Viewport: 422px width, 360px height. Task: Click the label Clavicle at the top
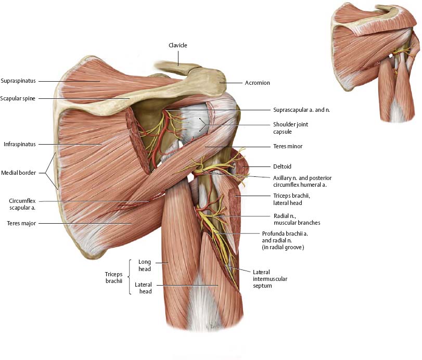pyautogui.click(x=177, y=45)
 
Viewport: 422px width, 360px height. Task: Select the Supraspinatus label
pyautogui.click(x=18, y=81)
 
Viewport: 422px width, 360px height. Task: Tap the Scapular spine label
pyautogui.click(x=18, y=98)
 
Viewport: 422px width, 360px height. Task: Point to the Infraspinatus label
pyautogui.click(x=19, y=144)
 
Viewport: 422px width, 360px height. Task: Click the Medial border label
pyautogui.click(x=18, y=173)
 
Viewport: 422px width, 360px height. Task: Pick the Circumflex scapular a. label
pyautogui.click(x=22, y=204)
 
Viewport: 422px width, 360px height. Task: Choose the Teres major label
pyautogui.click(x=21, y=223)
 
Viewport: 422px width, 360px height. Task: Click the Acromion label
pyautogui.click(x=258, y=83)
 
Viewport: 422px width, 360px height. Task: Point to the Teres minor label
pyautogui.click(x=288, y=146)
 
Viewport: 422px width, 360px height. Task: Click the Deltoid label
pyautogui.click(x=283, y=167)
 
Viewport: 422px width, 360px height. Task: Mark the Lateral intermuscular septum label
pyautogui.click(x=270, y=279)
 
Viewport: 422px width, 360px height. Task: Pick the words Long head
pyautogui.click(x=145, y=265)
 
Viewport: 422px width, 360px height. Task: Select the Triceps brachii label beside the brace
pyautogui.click(x=113, y=277)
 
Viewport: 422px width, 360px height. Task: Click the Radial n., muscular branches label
pyautogui.click(x=297, y=219)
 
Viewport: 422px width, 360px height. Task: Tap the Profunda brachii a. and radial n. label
pyautogui.click(x=285, y=240)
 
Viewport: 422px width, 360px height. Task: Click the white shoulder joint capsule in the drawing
pyautogui.click(x=195, y=122)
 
